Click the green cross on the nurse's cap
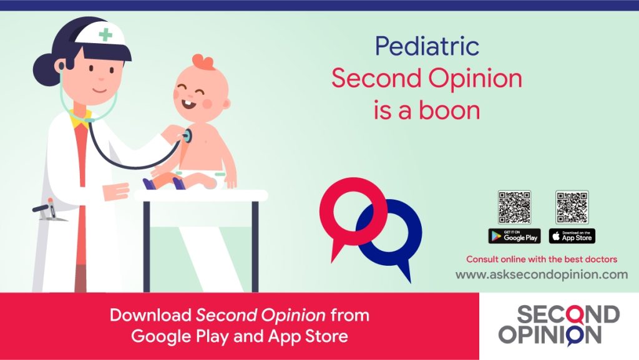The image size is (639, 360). click(x=105, y=34)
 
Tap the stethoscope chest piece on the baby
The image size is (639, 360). click(x=187, y=135)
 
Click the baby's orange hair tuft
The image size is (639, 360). click(x=203, y=62)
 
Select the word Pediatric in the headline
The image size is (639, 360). click(x=427, y=46)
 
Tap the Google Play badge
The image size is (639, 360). click(x=514, y=236)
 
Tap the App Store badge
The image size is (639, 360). click(x=572, y=236)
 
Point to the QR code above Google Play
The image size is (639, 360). click(x=514, y=207)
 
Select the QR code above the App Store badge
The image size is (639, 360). click(x=572, y=207)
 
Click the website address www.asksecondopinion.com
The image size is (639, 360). click(x=542, y=275)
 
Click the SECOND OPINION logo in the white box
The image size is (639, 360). click(x=559, y=326)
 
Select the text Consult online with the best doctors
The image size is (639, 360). click(x=542, y=260)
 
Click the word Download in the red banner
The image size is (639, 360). click(x=150, y=315)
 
